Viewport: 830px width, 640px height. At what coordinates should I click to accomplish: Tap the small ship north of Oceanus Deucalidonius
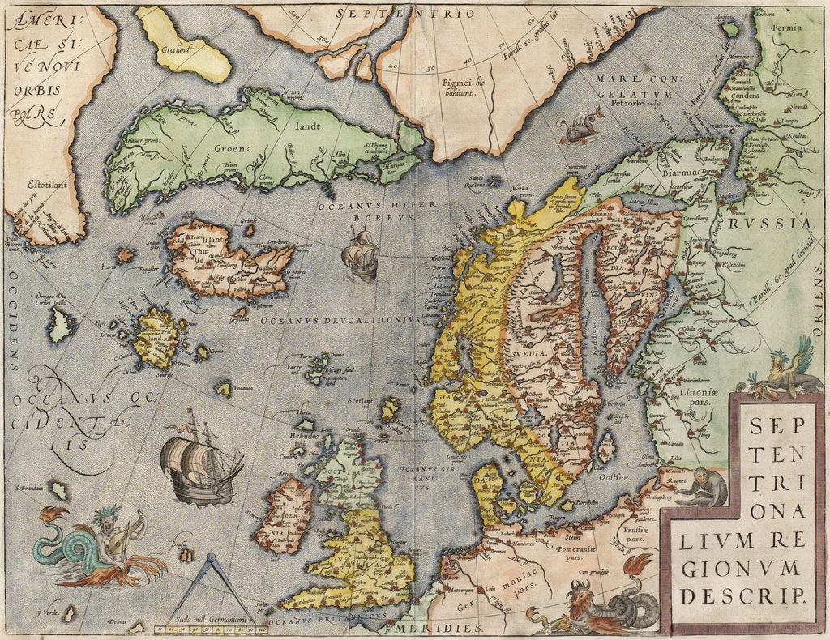pos(360,254)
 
